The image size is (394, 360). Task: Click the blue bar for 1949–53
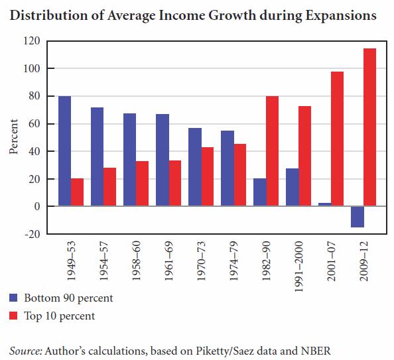(64, 151)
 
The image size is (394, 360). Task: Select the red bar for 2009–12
(370, 127)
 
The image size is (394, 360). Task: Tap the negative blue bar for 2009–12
(358, 217)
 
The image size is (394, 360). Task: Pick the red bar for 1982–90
(273, 151)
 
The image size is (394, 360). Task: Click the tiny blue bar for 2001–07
(325, 204)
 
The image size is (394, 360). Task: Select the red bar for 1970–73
(208, 176)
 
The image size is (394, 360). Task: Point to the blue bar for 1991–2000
(293, 187)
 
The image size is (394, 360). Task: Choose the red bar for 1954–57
(110, 187)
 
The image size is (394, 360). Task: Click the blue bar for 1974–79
(228, 168)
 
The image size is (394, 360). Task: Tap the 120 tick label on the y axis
(32, 40)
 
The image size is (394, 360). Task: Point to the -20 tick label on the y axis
(32, 234)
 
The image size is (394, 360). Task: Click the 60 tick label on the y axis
(34, 123)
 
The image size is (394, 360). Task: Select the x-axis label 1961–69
(168, 261)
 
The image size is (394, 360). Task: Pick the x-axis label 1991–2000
(298, 267)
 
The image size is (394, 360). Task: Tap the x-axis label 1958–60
(136, 261)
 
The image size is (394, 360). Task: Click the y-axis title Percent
(13, 137)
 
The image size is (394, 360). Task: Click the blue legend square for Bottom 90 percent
(13, 298)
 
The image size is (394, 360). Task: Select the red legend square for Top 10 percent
(13, 316)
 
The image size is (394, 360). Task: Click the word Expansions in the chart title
(341, 15)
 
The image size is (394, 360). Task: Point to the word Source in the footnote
(25, 351)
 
